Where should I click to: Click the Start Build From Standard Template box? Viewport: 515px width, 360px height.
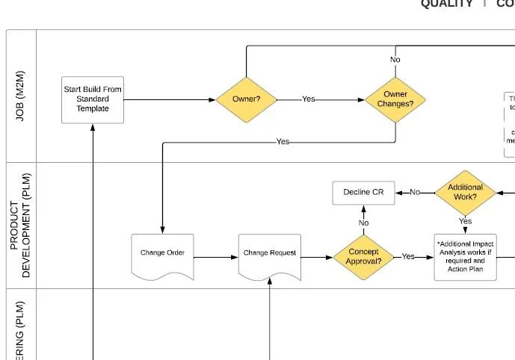[92, 99]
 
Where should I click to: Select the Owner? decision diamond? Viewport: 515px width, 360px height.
[246, 99]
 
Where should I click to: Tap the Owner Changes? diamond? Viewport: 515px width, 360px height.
[395, 99]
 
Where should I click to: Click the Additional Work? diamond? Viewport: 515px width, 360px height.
[465, 193]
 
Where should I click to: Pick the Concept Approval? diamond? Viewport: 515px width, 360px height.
[363, 257]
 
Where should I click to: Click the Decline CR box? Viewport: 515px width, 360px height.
[363, 193]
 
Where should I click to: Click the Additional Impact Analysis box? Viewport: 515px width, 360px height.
[465, 257]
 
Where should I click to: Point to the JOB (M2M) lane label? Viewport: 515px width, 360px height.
[21, 96]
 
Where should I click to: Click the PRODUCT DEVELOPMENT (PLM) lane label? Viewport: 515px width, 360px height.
[21, 226]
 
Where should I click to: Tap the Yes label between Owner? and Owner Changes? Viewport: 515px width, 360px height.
[308, 99]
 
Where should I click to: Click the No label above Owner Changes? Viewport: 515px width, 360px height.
[395, 60]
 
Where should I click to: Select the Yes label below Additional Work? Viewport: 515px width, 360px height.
[465, 222]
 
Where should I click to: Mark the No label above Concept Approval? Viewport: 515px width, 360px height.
[363, 223]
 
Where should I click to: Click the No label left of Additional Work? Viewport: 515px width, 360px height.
[415, 193]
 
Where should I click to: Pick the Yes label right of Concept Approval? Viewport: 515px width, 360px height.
[408, 257]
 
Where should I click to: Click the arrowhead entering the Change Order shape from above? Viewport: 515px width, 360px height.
[162, 230]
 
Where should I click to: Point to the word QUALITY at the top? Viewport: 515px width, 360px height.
[446, 4]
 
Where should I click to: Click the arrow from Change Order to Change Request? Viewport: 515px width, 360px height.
[216, 258]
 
